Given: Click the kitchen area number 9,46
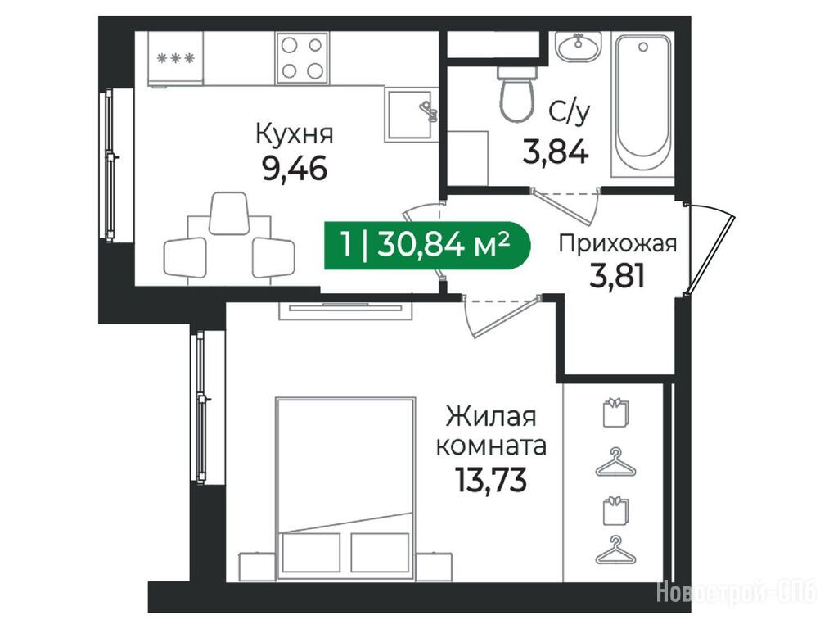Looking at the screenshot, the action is (295, 169).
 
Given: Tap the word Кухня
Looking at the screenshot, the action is (295, 133).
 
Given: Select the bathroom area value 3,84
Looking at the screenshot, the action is (555, 152).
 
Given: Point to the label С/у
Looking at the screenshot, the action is (568, 113).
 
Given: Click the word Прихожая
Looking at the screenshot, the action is (618, 244).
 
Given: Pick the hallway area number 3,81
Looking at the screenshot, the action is (617, 276).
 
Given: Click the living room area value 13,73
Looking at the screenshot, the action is (491, 481).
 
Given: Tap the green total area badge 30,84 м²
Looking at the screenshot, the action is (426, 245).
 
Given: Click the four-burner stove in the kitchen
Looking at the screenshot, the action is (301, 57).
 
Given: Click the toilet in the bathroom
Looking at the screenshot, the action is (517, 94).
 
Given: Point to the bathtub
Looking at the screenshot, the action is (643, 105).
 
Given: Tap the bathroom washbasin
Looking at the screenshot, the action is (578, 47).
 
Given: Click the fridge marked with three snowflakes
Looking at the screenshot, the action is (175, 58).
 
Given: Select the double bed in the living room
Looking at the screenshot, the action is (345, 489).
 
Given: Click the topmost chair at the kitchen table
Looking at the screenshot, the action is (229, 213).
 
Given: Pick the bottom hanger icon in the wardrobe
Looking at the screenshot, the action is (616, 550).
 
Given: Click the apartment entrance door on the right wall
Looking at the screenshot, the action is (709, 249).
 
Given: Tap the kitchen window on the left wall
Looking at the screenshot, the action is (110, 164).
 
